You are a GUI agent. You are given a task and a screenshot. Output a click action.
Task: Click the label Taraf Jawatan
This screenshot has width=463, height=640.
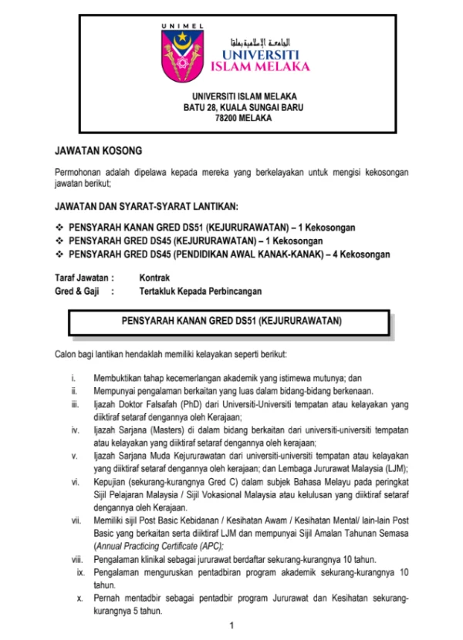click(84, 277)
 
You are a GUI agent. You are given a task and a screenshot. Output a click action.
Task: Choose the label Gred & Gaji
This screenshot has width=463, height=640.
click(77, 291)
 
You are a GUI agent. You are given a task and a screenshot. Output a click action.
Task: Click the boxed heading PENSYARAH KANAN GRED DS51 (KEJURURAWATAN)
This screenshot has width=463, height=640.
click(231, 319)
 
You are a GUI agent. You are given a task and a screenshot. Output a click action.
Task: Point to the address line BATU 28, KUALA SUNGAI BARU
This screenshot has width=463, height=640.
click(232, 107)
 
